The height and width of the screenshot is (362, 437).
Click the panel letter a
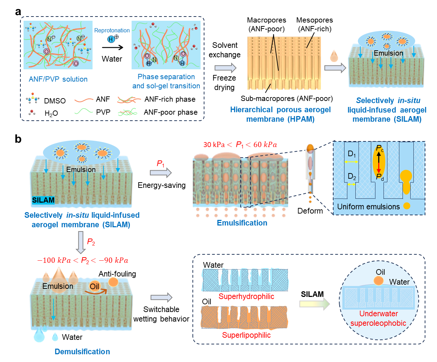tap(18, 12)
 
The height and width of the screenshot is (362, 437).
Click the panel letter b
tap(18, 139)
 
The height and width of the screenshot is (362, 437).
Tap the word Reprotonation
tap(112, 31)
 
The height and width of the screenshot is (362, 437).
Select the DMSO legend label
tap(55, 101)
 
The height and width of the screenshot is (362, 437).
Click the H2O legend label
tap(51, 113)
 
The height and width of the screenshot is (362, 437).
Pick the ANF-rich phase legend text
tap(170, 100)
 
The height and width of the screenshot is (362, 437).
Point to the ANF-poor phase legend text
tap(171, 112)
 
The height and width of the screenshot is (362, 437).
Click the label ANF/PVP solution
tap(58, 79)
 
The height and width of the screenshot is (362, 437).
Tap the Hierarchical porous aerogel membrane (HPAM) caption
tap(280, 114)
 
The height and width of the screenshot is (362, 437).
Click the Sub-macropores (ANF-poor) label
tap(287, 99)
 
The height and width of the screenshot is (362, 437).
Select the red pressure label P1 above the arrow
tap(160, 164)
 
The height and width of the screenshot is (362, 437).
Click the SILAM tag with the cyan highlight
tap(43, 200)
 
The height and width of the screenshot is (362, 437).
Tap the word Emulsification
tap(242, 223)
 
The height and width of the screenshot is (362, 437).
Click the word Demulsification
tap(82, 351)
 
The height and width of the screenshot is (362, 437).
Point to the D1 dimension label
tap(352, 154)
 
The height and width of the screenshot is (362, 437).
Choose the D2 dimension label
tap(352, 177)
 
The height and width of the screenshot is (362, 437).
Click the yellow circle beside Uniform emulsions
tap(407, 206)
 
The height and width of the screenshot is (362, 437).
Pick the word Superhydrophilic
tap(246, 297)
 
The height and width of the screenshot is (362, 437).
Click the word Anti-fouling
tap(117, 274)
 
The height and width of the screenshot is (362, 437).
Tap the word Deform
tap(310, 211)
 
